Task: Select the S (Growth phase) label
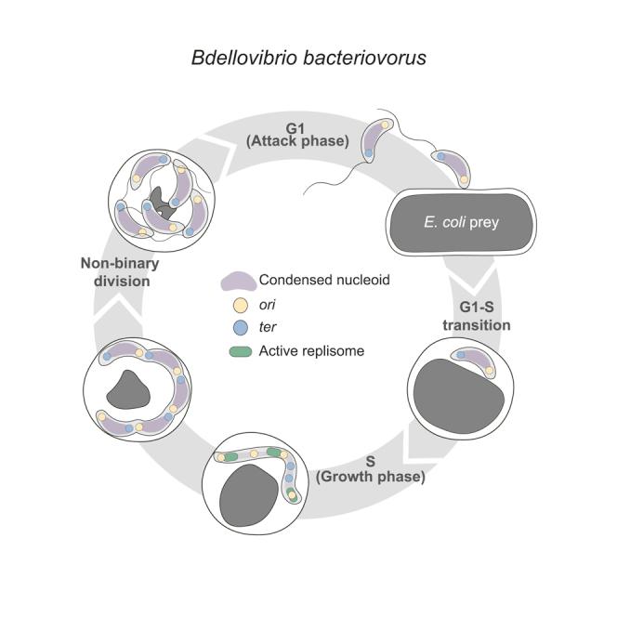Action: point(371,471)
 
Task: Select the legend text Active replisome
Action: point(312,349)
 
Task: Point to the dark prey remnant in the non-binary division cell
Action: point(166,202)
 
